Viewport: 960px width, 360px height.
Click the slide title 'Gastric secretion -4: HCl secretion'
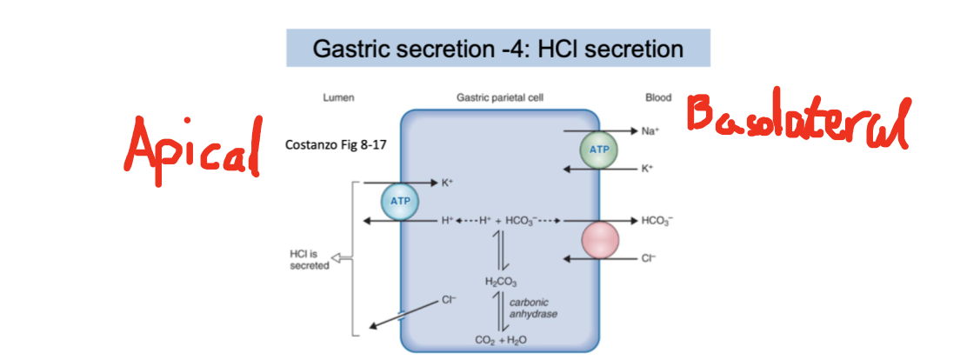[498, 49]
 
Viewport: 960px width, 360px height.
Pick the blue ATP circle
[398, 203]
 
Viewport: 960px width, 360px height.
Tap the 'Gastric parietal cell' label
[499, 98]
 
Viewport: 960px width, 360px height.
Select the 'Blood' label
[658, 98]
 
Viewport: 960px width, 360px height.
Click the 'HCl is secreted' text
[309, 259]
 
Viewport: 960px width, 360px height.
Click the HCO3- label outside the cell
[657, 221]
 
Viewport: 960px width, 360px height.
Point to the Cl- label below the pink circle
[647, 258]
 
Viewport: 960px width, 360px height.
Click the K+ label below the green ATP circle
[647, 169]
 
